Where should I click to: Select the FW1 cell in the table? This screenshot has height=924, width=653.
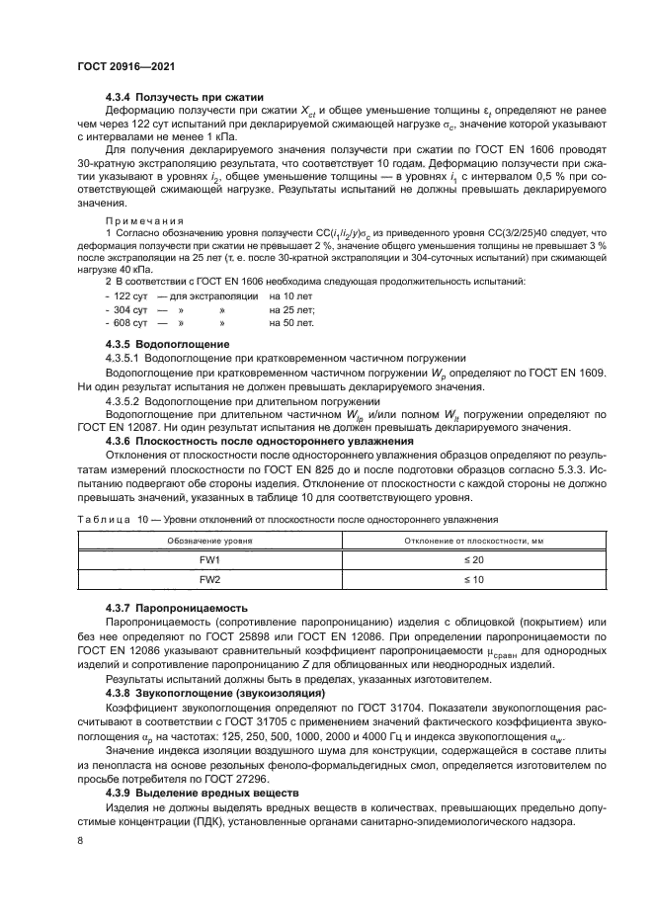[x=208, y=560]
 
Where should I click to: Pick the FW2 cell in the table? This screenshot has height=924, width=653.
[x=208, y=580]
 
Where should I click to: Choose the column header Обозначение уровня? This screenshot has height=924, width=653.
[x=208, y=541]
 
